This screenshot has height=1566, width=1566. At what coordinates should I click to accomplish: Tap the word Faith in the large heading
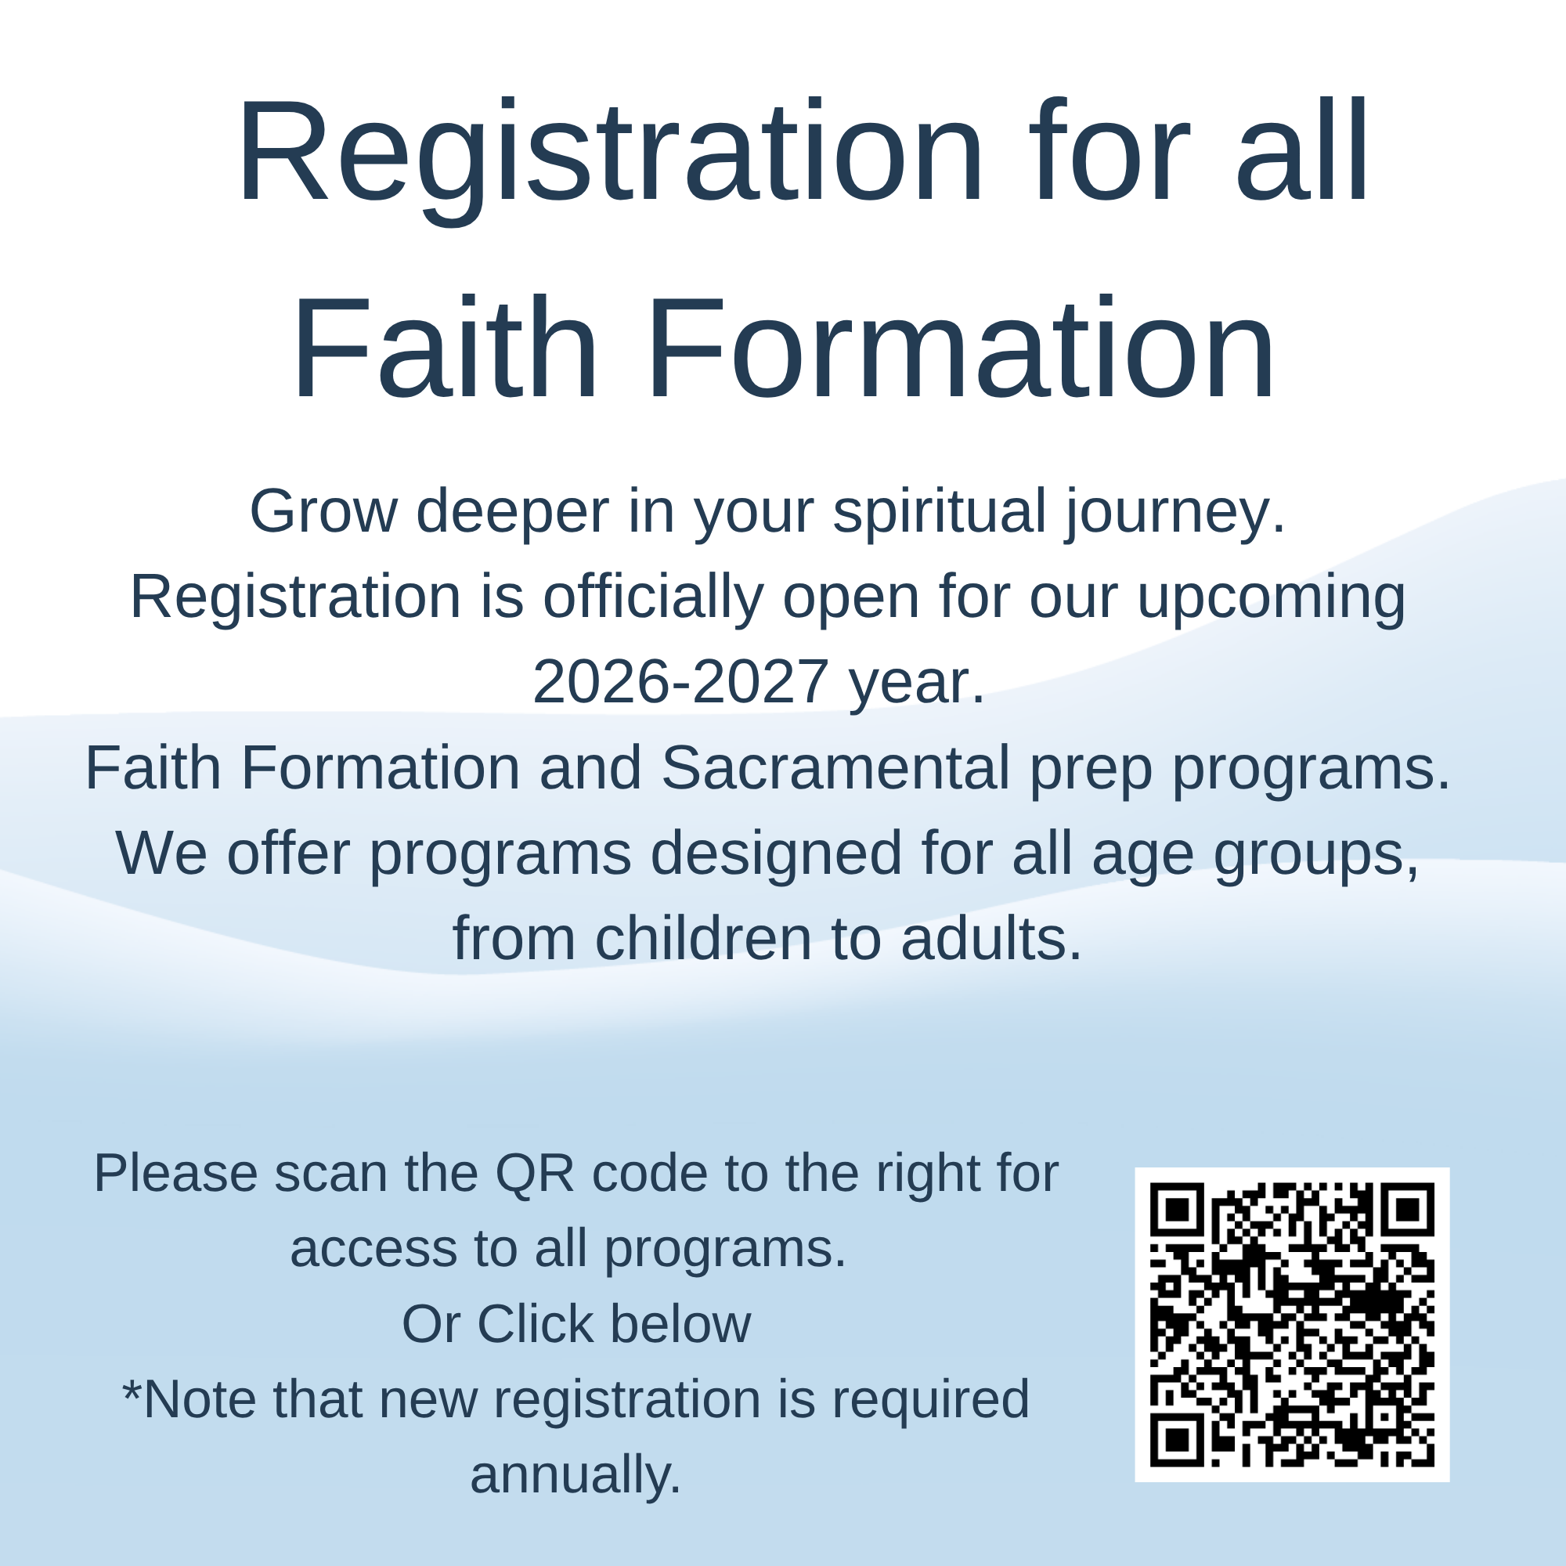(444, 348)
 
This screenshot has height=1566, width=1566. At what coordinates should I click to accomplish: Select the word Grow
(323, 512)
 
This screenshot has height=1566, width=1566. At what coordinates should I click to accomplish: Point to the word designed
(776, 854)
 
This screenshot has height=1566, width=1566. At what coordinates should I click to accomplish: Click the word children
(704, 939)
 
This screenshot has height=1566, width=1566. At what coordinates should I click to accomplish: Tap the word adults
(991, 939)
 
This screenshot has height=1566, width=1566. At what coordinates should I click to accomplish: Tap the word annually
(576, 1474)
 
